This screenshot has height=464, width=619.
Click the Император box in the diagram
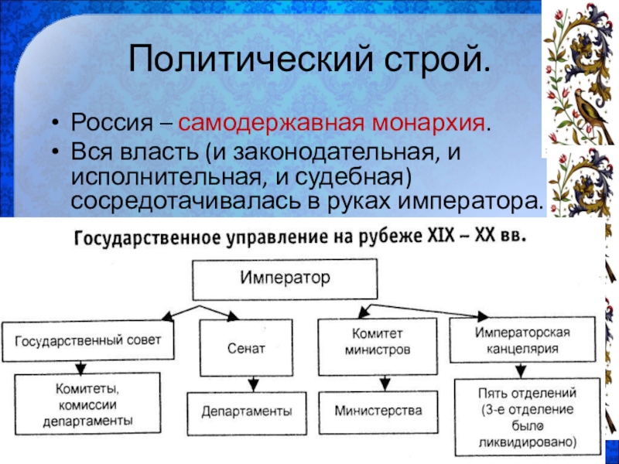[285, 278]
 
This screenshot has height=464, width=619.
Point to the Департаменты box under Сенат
[247, 411]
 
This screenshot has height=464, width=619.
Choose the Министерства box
[378, 410]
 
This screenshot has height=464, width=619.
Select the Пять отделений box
[527, 415]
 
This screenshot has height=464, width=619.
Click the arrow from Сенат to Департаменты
[251, 384]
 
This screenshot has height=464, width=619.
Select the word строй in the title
[439, 59]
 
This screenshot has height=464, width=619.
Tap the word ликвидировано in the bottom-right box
[528, 444]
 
